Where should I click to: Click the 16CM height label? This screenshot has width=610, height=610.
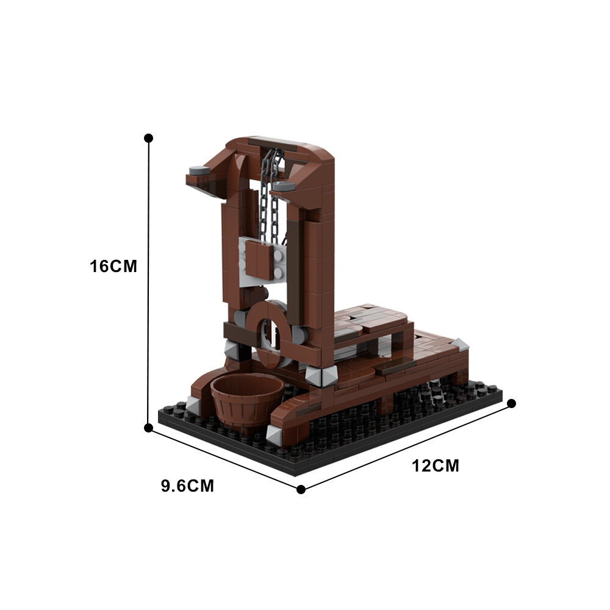pos(113,267)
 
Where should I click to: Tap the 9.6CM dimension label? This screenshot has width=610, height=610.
pos(187,486)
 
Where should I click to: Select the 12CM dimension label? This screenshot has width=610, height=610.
pos(436,466)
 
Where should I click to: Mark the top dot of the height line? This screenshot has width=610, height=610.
pos(148,138)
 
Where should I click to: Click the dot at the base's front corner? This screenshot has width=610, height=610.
pos(301,489)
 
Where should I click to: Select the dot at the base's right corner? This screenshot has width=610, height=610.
pos(512,403)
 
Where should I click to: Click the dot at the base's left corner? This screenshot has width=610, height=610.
pos(148,428)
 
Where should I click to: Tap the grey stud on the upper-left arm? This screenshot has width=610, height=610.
pos(197,171)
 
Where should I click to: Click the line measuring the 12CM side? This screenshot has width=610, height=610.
pos(406,446)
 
